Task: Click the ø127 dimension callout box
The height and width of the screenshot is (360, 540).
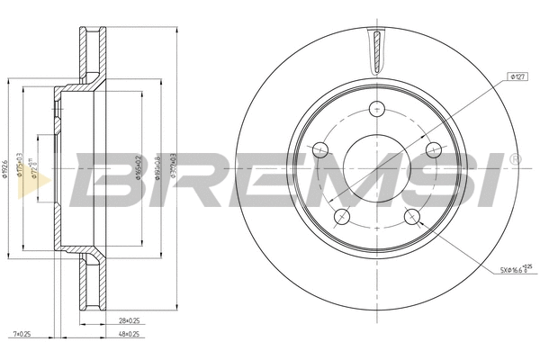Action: (x=517, y=78)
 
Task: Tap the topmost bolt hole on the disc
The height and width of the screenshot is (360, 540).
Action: (x=377, y=109)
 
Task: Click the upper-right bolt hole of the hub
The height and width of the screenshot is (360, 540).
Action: (x=433, y=149)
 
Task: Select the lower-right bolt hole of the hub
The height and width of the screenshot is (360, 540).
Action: (x=412, y=216)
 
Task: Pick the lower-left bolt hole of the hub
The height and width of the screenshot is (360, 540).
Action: (x=342, y=216)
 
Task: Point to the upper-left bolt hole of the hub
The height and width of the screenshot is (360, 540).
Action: (x=321, y=149)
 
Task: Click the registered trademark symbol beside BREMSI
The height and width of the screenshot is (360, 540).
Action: (x=514, y=160)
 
